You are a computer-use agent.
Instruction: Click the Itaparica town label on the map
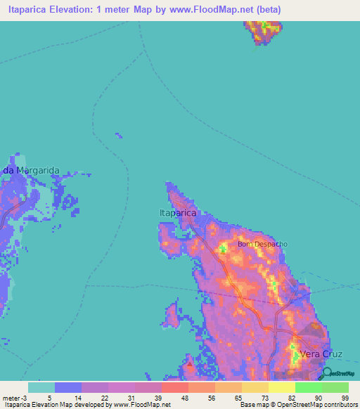(x=176, y=212)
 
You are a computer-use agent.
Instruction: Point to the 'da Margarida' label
(x=31, y=171)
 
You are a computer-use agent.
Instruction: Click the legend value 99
(x=345, y=398)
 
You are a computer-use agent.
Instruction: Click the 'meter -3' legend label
(x=13, y=398)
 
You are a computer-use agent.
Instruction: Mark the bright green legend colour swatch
(x=308, y=387)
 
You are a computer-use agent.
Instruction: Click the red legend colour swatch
(x=174, y=387)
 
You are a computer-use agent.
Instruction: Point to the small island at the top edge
(x=264, y=31)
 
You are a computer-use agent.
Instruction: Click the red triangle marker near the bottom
(x=188, y=365)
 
